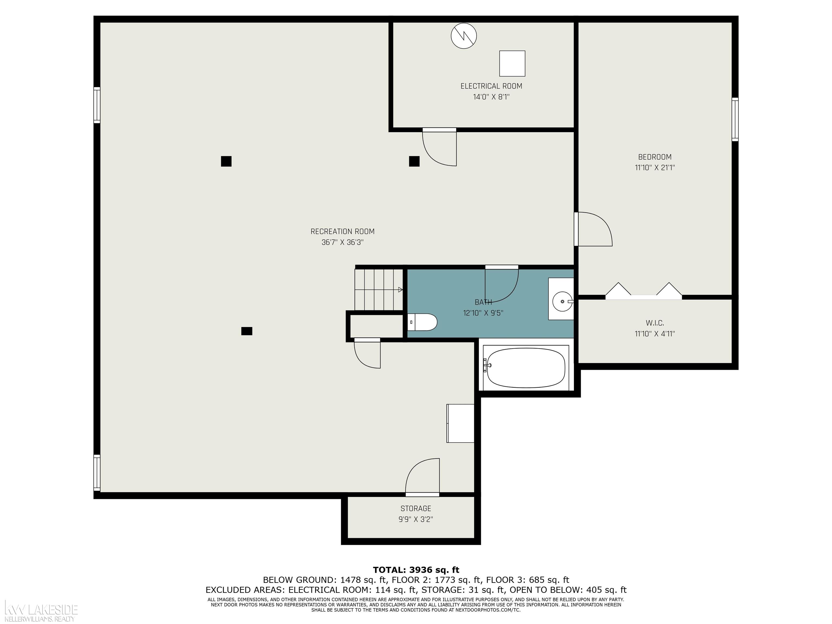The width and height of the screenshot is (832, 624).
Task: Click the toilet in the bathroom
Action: [x=422, y=322]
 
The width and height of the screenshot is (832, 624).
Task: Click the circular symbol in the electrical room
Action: [x=464, y=36]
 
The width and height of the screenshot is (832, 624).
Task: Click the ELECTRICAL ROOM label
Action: [x=491, y=86]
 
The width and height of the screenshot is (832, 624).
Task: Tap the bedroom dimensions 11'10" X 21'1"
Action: [x=655, y=168]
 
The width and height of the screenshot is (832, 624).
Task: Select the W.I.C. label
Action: [x=655, y=323]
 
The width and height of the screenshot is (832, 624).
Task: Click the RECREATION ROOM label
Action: [x=342, y=232]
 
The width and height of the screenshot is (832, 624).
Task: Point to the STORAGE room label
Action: [x=416, y=509]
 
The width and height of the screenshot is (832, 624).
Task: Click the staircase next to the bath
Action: [x=379, y=289]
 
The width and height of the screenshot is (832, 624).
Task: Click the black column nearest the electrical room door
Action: [x=414, y=161]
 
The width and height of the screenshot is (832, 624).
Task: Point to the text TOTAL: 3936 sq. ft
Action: [x=416, y=570]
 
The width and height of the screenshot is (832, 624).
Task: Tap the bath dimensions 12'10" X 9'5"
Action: [x=483, y=313]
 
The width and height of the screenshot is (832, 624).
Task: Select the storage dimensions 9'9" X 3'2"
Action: [x=416, y=519]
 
